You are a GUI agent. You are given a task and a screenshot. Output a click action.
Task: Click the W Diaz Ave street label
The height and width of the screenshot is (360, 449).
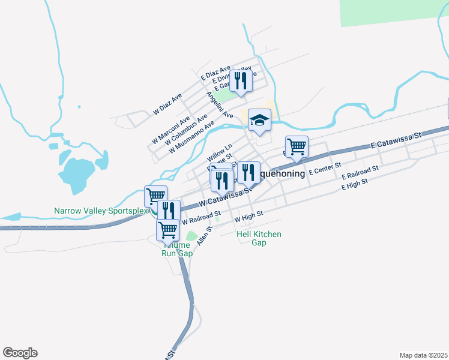pyautogui.click(x=167, y=104)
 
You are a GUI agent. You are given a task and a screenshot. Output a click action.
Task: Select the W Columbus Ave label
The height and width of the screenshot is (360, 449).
pyautogui.click(x=185, y=128)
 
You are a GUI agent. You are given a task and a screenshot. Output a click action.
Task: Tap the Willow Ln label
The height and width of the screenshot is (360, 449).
pyautogui.click(x=219, y=151)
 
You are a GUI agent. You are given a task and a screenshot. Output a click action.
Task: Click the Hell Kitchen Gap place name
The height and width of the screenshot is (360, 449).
pyautogui.click(x=259, y=238)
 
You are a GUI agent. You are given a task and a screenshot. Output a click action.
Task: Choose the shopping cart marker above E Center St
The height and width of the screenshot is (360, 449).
pyautogui.click(x=297, y=147)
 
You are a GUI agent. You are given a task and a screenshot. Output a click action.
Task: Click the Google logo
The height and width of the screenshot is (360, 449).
pyautogui.click(x=20, y=353)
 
